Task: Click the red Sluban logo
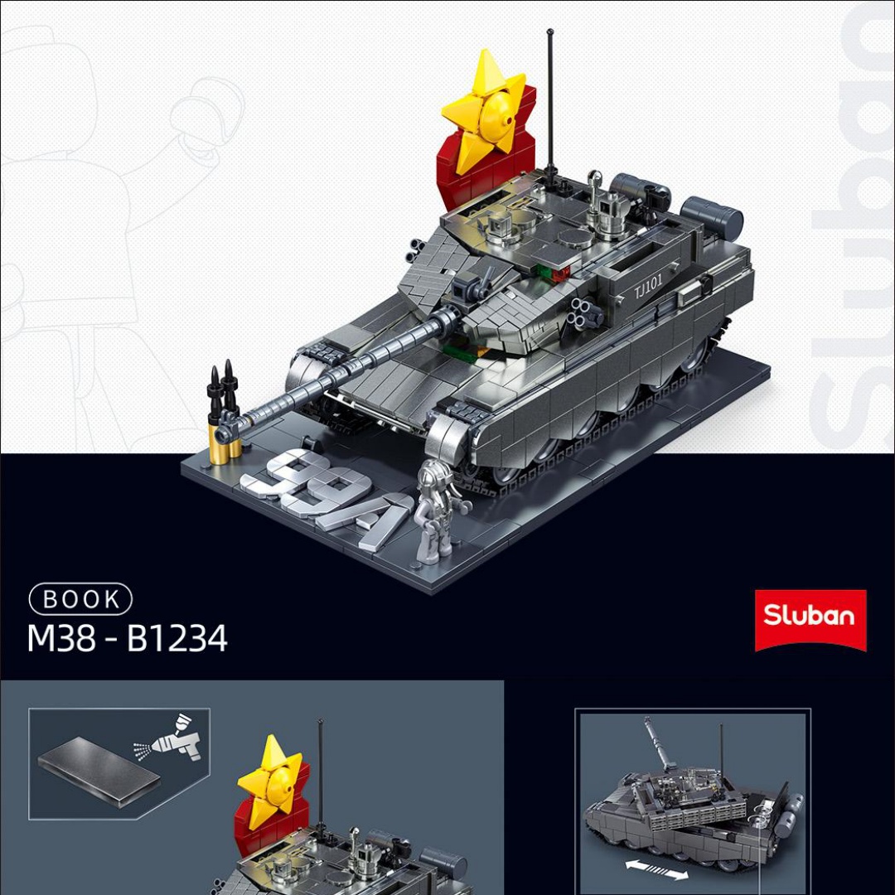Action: pyautogui.click(x=810, y=620)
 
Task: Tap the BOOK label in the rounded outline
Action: pyautogui.click(x=80, y=599)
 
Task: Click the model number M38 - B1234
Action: pyautogui.click(x=128, y=638)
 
